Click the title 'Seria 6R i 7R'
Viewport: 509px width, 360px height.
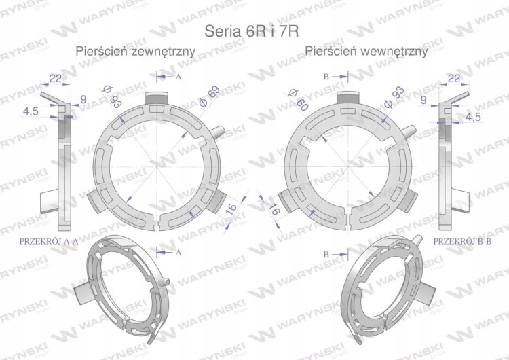click(252, 31)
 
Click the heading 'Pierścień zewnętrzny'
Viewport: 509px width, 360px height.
click(135, 51)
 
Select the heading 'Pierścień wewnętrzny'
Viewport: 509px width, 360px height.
click(366, 51)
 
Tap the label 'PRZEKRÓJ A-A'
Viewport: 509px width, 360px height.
click(49, 241)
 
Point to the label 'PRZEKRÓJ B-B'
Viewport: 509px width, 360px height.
click(462, 241)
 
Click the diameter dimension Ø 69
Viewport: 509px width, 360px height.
click(210, 96)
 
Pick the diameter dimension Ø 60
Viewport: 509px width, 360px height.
click(298, 100)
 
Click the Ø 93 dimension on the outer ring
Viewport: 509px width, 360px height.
click(112, 96)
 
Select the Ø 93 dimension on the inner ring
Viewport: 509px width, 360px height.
click(394, 97)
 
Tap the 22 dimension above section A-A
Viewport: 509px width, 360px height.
click(56, 78)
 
